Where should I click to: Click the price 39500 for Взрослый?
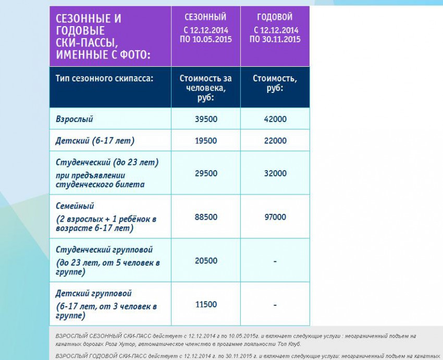pos(206,119)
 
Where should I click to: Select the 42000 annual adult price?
pos(275,119)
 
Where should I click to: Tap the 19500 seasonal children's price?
pos(206,141)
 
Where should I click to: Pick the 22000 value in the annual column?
pos(275,141)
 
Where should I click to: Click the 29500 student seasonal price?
pos(206,173)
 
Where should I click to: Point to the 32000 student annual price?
pos(275,173)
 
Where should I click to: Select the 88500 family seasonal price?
pos(206,217)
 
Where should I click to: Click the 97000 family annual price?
pos(275,217)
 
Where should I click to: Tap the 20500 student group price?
pos(206,261)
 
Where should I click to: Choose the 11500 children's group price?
pos(206,304)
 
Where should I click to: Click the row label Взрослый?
pos(75,119)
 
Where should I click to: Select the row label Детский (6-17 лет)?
pos(95,141)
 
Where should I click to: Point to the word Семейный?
pos(75,206)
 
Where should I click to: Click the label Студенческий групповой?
pos(104,250)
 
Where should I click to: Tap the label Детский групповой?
pos(94,294)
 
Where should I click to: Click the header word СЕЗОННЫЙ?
pos(205,18)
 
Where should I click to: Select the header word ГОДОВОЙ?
pos(275,18)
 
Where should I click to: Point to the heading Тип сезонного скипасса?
pos(104,78)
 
